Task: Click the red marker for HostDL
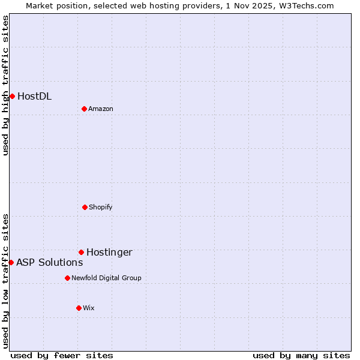click(x=12, y=96)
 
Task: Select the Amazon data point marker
click(x=84, y=109)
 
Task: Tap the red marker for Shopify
click(x=85, y=207)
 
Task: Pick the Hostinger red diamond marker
click(x=81, y=252)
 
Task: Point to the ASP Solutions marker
click(x=11, y=262)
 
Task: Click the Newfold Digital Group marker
click(x=67, y=278)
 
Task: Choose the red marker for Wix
click(x=79, y=308)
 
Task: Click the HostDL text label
click(x=34, y=96)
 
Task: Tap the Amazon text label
click(x=101, y=109)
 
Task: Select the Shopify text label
click(x=101, y=207)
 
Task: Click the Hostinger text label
click(x=109, y=252)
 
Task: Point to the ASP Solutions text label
click(x=49, y=262)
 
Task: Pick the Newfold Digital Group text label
click(x=106, y=278)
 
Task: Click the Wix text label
click(x=89, y=308)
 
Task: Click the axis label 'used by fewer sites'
click(x=62, y=355)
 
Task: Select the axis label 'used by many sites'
click(x=301, y=355)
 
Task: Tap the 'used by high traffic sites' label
click(x=5, y=85)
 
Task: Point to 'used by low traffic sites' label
click(x=5, y=281)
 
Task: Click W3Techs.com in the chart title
click(x=305, y=5)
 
